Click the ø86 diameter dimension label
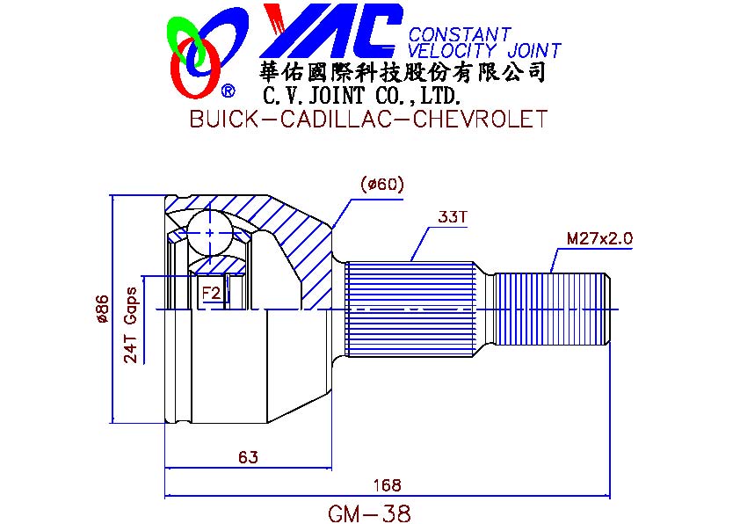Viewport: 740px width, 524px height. (103, 309)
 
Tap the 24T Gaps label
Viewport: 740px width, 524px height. (130, 325)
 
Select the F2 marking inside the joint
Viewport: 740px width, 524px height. (211, 293)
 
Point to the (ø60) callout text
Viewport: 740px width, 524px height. (381, 184)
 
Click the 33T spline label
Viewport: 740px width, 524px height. (452, 216)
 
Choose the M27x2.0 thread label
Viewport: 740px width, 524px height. (599, 238)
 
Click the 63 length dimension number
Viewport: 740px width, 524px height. (248, 457)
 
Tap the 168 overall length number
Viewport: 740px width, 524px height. (387, 484)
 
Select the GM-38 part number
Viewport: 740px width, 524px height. (369, 513)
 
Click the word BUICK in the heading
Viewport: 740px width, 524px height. (224, 119)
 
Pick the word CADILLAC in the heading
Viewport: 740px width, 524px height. (336, 119)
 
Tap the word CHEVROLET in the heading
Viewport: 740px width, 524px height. (480, 119)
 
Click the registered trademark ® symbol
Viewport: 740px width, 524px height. (228, 91)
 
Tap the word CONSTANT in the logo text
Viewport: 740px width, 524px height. (460, 34)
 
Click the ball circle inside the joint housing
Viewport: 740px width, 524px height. (210, 233)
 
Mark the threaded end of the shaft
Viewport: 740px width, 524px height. (552, 309)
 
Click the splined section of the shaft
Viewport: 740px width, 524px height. (410, 309)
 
